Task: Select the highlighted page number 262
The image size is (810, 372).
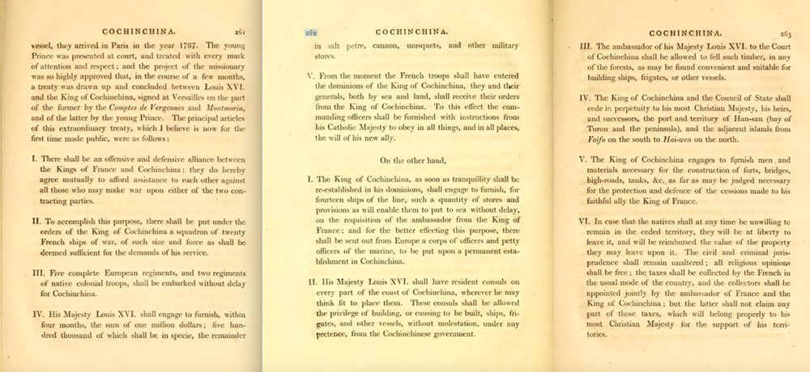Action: tap(309, 32)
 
